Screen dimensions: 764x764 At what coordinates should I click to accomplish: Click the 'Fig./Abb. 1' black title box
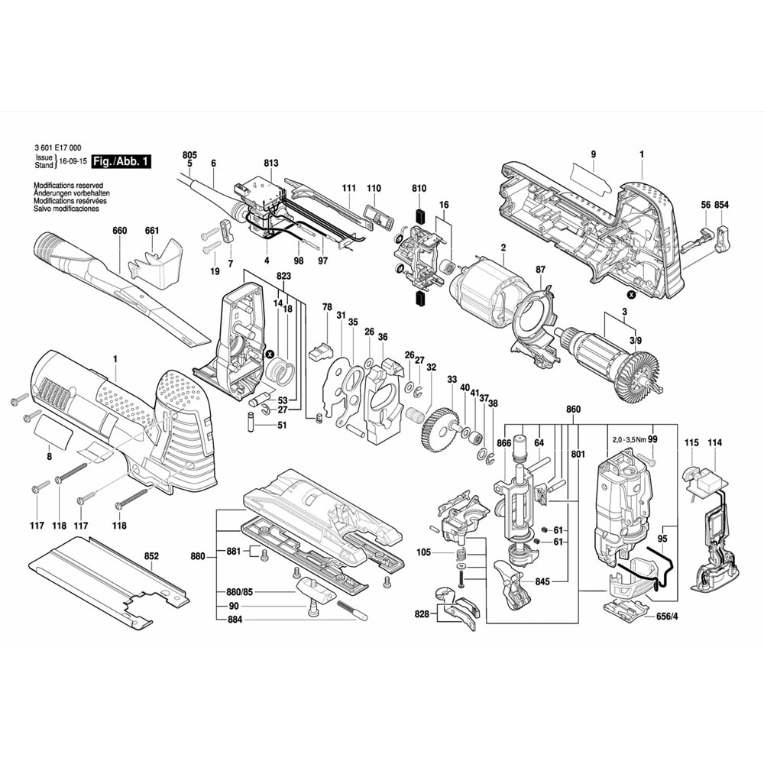pos(121,162)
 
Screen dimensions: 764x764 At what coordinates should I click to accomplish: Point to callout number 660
pos(119,231)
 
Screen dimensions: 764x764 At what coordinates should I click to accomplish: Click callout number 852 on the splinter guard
pos(151,555)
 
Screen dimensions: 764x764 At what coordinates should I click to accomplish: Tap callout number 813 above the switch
pos(271,163)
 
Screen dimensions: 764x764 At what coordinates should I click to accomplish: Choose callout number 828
pos(422,613)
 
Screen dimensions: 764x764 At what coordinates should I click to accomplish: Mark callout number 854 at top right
pos(722,206)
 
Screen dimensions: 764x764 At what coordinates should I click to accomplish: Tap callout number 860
pos(573,410)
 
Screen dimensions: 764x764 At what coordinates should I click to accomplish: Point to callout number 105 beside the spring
pos(424,552)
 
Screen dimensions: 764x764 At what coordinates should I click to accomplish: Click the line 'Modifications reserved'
pos(68,186)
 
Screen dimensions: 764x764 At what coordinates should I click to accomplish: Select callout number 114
pos(715,443)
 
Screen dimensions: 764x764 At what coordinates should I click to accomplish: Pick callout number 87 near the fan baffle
pos(540,269)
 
